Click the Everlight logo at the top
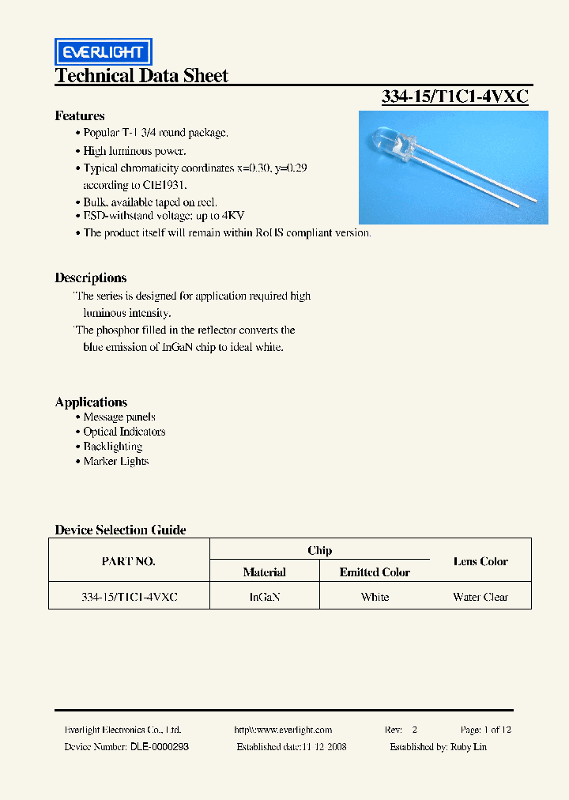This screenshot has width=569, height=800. pos(103,52)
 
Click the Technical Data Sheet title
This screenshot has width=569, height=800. pos(141,76)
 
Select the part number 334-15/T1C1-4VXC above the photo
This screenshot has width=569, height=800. pos(455,96)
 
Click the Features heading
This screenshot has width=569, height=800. pos(80,116)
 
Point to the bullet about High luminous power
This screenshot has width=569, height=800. pos(134,150)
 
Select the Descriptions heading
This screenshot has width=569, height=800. pos(91,278)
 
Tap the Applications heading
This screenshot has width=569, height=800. pos(91,402)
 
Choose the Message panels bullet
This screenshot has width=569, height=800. pos(119,417)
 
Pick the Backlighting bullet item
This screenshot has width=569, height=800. pos(112,447)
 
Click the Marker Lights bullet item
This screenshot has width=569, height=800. pos(115,462)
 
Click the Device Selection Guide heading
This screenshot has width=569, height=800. pos(120,530)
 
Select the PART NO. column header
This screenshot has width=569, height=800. pos(129,561)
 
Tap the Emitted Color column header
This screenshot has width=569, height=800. pos(375,572)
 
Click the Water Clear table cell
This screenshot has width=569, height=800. pos(480,597)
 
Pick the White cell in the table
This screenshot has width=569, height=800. pos(375,597)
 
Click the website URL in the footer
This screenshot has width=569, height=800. pos(283,730)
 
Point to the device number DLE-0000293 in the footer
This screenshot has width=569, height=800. pos(159,747)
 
